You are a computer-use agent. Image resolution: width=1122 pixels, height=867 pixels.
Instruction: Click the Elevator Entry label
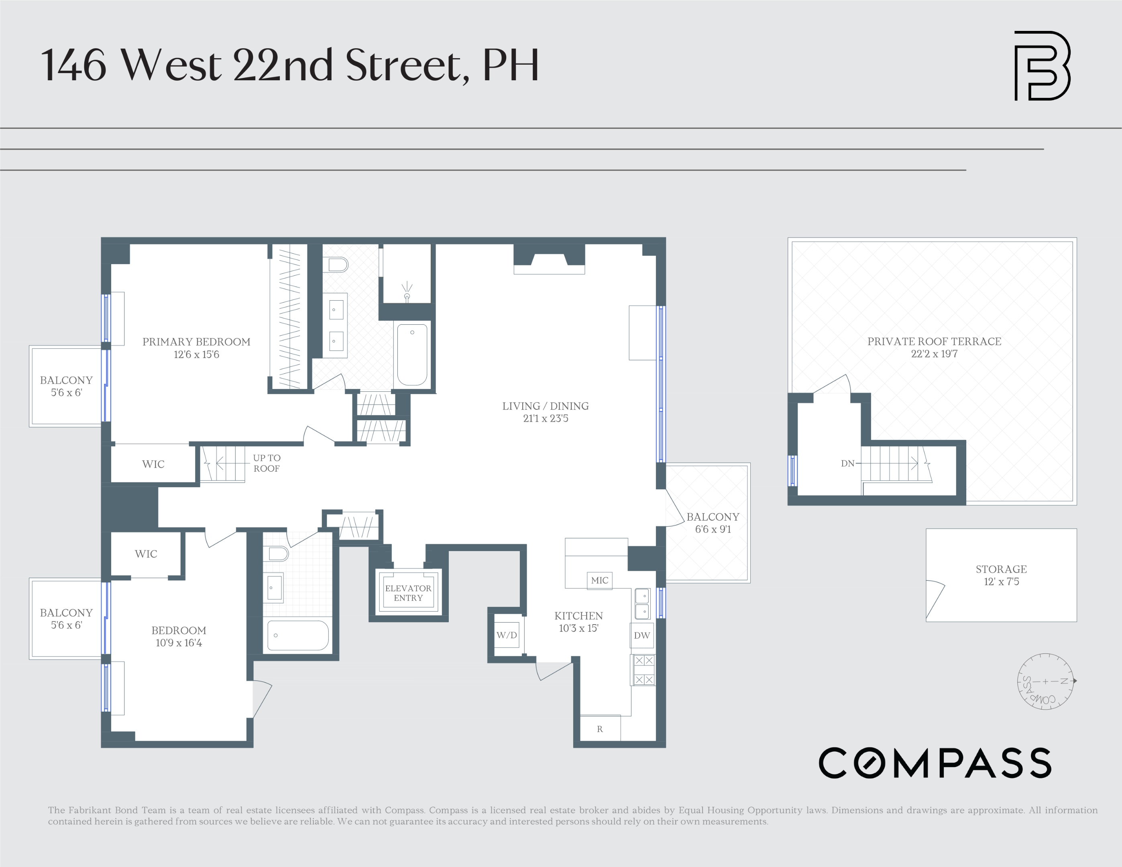pos(408,593)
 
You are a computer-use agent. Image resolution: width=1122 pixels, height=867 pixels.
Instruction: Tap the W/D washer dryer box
pos(507,635)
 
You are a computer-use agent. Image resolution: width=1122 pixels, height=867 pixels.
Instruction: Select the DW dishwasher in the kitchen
pos(641,635)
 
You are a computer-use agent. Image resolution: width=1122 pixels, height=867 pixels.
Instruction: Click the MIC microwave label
pos(599,580)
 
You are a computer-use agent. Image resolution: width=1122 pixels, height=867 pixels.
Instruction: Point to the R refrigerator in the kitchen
pos(599,729)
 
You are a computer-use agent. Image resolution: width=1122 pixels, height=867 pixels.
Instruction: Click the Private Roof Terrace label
pos(934,342)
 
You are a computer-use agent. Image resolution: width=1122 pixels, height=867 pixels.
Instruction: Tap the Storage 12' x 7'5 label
pos(1001,575)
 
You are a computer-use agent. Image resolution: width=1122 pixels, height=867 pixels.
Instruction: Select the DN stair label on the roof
pos(847,463)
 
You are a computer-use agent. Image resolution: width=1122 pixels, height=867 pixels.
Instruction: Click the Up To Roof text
pos(267,463)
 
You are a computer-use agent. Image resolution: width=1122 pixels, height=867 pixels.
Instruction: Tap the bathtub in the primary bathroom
pos(412,354)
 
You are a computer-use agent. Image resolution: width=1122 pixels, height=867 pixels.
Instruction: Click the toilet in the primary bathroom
pos(338,265)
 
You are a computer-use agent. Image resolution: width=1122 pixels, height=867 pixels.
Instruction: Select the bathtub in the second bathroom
pos(297,635)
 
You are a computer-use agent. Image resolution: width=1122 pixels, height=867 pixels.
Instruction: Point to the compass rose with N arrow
pos(1045,682)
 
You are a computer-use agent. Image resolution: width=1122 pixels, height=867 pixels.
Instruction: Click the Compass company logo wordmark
pos(935,763)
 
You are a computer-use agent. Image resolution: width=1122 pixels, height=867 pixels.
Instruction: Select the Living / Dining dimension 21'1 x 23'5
pos(546,419)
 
